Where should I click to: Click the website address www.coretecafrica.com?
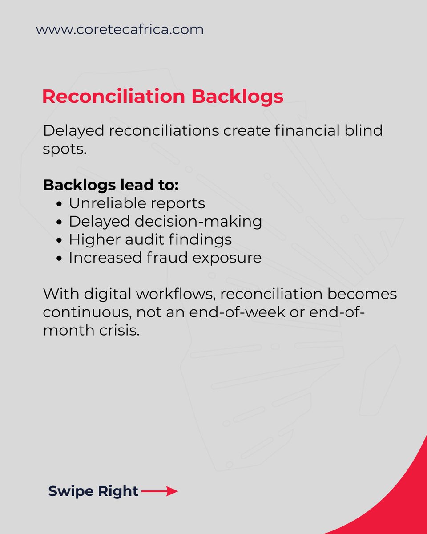[120, 30]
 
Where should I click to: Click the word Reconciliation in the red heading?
[113, 97]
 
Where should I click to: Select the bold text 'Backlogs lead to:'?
[111, 185]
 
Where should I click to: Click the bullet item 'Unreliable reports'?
[137, 203]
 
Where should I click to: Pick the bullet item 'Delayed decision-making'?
[165, 222]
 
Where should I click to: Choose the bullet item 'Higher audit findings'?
[150, 240]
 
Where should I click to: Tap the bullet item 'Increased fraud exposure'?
[165, 258]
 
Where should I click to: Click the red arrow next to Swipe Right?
[160, 491]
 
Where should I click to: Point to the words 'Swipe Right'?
[93, 491]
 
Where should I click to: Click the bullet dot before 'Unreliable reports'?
[61, 204]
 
